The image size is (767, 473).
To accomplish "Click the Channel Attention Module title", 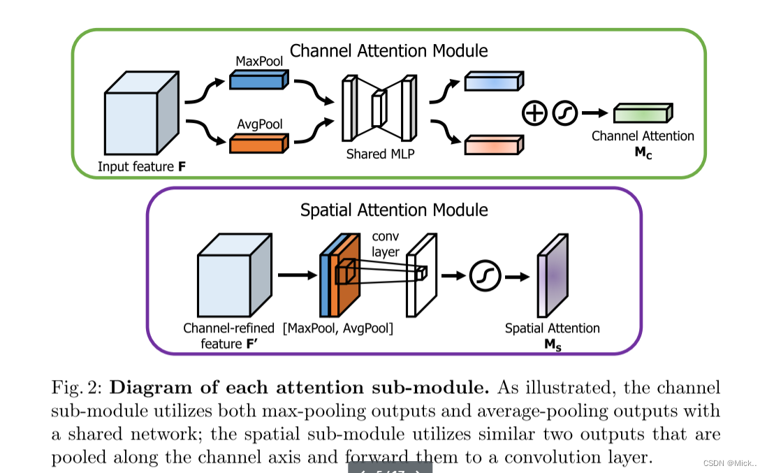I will pos(388,51).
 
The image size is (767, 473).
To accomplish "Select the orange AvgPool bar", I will pos(258,144).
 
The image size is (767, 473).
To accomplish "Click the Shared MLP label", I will pos(380,154).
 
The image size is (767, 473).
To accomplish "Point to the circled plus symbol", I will pos(534,112).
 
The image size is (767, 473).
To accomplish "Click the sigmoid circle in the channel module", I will pos(564,112).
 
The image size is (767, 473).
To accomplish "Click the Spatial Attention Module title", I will pos(394,210).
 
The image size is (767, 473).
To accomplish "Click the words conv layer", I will pos(385,244).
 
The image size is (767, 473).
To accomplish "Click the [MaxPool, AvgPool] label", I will pos(337,328).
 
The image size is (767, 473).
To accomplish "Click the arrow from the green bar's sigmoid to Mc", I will pos(594,112).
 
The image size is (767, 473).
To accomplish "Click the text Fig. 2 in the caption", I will pos(77,388).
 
